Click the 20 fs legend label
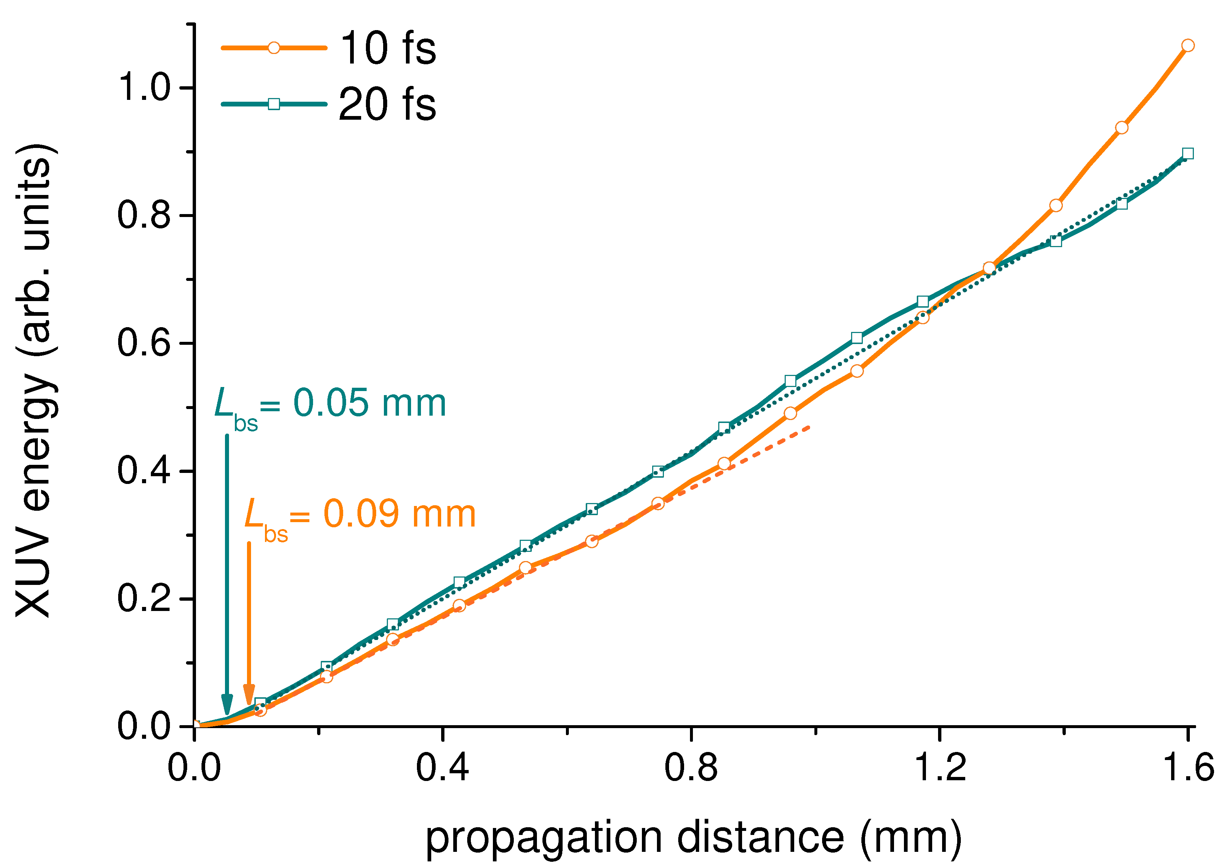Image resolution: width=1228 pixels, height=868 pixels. [x=388, y=104]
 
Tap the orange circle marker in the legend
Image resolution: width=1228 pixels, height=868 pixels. [x=273, y=48]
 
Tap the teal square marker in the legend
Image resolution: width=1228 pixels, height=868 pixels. [x=273, y=104]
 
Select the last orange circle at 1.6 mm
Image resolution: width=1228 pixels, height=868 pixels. [x=1187, y=46]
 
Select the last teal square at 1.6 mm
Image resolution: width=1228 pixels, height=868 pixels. [x=1187, y=153]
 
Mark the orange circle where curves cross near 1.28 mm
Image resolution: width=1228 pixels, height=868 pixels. [x=989, y=268]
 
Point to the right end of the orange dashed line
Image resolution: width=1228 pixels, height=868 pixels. [x=811, y=427]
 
